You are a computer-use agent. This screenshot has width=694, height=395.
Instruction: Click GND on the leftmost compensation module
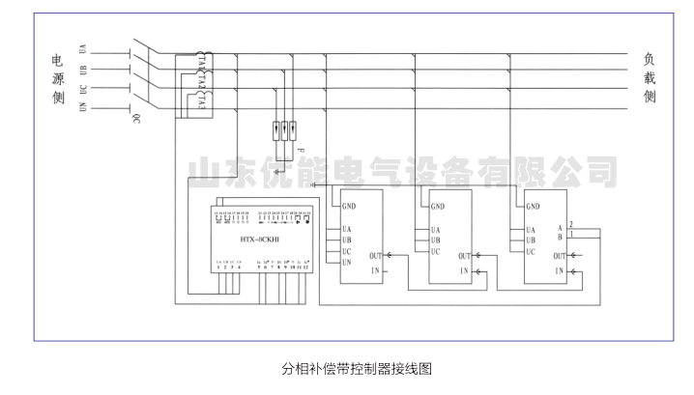click(x=349, y=206)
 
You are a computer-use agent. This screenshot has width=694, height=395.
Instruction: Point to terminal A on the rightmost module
click(x=560, y=228)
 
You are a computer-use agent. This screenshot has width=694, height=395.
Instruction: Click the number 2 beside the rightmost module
click(x=572, y=223)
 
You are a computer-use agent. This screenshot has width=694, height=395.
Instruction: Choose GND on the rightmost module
click(x=534, y=206)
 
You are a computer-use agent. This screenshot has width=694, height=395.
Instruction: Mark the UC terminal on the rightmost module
click(x=531, y=251)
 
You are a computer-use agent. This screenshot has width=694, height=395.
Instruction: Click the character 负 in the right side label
click(x=650, y=59)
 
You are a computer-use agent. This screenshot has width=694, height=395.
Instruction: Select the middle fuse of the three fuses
click(x=287, y=127)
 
